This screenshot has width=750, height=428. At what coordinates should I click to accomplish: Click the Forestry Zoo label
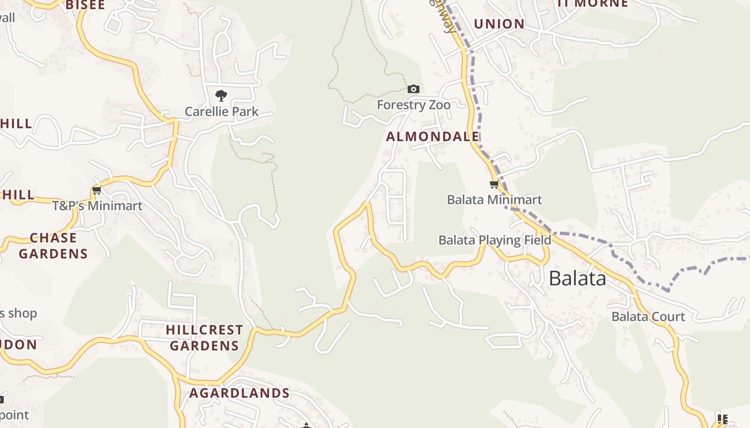click(x=414, y=104)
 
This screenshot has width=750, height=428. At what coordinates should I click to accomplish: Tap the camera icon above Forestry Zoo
click(x=414, y=89)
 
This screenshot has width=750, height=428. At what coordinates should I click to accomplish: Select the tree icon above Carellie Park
click(x=221, y=96)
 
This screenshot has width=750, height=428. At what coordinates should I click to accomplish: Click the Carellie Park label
click(x=221, y=112)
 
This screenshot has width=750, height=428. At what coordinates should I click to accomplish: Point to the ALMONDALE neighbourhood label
click(x=433, y=136)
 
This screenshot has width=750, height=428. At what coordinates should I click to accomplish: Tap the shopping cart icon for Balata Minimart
click(x=494, y=185)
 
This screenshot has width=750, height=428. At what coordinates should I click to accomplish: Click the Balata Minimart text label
click(x=494, y=200)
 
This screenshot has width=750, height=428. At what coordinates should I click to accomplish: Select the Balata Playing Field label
click(x=494, y=240)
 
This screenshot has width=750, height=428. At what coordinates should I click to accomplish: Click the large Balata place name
click(x=577, y=278)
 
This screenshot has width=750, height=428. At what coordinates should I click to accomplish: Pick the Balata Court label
click(x=648, y=316)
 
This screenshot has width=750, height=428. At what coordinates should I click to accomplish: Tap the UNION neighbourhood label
click(x=499, y=24)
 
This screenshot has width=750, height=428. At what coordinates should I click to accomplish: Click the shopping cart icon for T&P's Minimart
click(x=97, y=190)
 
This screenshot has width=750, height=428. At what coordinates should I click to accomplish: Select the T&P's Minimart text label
click(x=97, y=206)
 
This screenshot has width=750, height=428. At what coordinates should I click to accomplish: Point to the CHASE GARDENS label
click(x=53, y=246)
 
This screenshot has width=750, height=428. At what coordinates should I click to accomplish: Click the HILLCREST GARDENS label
click(x=204, y=338)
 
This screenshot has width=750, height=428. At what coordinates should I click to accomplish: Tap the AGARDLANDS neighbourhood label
click(x=239, y=393)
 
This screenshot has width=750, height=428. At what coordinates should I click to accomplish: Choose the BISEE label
click(x=85, y=5)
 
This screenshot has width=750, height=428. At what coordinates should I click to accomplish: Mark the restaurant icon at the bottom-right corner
click(x=722, y=419)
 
